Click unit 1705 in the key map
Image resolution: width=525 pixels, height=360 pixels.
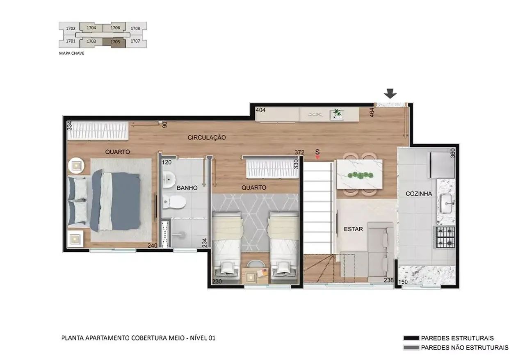(115, 42)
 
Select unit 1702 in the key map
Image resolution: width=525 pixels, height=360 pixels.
(70, 28)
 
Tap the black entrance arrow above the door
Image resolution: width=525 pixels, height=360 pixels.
(390, 93)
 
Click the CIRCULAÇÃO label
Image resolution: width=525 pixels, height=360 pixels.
(207, 138)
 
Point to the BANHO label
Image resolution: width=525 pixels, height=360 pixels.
(187, 188)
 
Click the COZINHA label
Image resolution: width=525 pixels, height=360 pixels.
(419, 194)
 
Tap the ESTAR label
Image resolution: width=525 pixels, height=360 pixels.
(353, 229)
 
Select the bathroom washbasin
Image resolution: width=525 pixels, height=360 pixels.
(169, 180)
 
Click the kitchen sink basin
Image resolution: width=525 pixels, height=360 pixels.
(447, 204)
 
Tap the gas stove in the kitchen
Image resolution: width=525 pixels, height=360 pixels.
(445, 237)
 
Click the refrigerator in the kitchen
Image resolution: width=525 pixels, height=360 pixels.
(441, 165)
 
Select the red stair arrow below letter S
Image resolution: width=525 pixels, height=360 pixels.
(317, 157)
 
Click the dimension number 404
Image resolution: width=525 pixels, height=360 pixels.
(260, 110)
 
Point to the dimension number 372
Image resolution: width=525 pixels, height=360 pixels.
(299, 152)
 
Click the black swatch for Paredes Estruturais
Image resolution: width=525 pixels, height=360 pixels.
(411, 338)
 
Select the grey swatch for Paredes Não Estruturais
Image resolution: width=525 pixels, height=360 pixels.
(411, 348)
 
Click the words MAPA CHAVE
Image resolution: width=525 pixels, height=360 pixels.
(71, 53)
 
